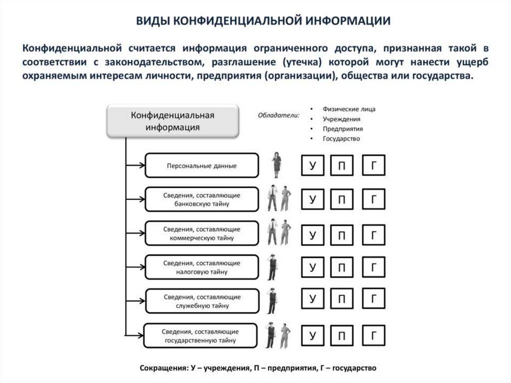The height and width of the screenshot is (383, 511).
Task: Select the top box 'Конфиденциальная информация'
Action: [173, 121]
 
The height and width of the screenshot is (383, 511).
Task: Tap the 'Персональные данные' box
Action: [202, 166]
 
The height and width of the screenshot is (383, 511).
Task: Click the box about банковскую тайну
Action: [202, 199]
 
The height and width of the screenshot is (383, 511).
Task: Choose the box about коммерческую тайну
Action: [202, 234]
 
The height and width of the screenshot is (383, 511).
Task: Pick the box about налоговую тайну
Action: [202, 268]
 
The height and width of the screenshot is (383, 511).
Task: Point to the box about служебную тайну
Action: [202, 301]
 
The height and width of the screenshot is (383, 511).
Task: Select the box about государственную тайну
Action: [202, 336]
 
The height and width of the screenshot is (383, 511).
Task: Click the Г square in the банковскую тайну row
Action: [373, 200]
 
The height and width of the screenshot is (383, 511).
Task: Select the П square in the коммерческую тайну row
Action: [342, 234]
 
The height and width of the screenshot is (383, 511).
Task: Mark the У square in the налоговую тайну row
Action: [313, 268]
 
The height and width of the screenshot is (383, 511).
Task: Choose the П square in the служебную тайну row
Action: [342, 300]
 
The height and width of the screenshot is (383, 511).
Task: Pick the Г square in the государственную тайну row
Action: [373, 335]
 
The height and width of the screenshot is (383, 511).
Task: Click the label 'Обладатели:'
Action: [278, 116]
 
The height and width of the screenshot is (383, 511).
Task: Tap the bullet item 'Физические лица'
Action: [349, 109]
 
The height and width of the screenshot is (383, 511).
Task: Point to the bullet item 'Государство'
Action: [341, 139]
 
